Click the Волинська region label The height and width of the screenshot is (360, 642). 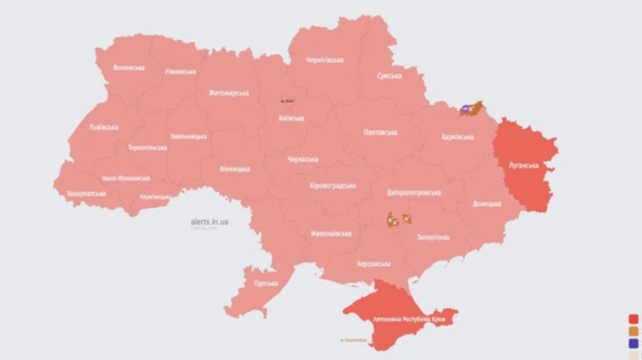(129, 68)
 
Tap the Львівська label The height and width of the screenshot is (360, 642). (104, 127)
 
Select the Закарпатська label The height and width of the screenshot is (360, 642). (86, 193)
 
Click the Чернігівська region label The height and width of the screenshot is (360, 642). (325, 60)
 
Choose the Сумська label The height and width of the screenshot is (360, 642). (389, 76)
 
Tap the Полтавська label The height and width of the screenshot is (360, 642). (380, 133)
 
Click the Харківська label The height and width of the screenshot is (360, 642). (458, 136)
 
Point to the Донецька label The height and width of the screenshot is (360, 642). (486, 204)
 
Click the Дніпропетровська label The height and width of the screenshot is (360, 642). (414, 192)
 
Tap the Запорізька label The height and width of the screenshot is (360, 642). (432, 237)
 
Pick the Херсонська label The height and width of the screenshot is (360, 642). (373, 264)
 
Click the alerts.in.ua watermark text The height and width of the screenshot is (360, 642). (210, 222)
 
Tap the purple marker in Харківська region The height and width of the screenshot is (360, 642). (466, 109)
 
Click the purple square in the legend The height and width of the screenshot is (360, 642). (633, 343)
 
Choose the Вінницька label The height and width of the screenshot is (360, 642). (235, 169)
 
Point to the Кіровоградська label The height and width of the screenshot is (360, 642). (332, 185)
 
